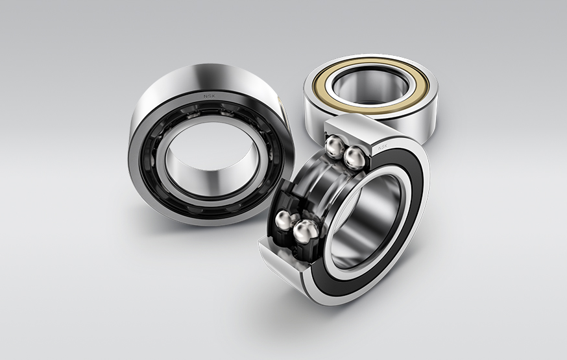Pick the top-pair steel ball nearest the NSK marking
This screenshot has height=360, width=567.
(x=355, y=156)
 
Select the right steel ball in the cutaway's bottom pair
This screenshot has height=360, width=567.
(x=305, y=231)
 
